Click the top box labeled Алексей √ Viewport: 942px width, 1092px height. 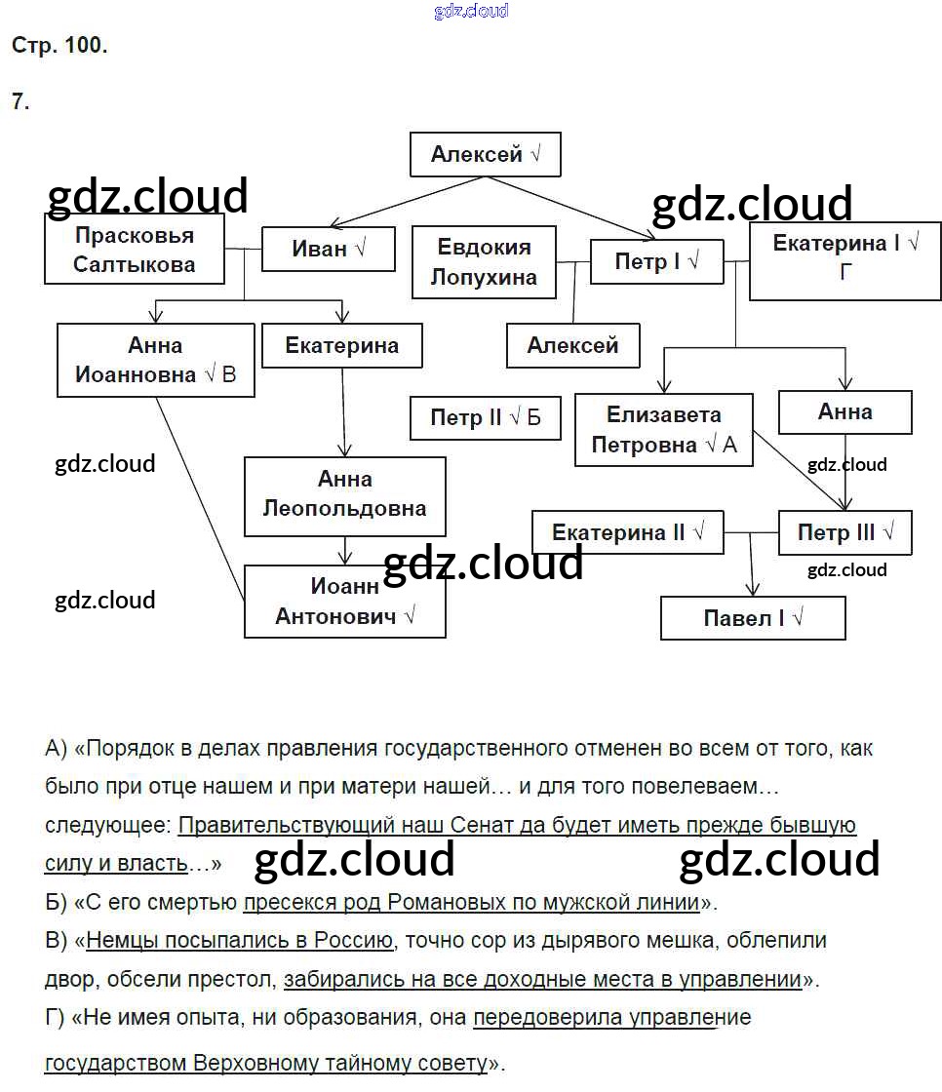coord(485,155)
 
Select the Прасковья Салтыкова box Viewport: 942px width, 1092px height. coord(135,250)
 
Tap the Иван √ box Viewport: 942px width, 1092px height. coord(328,249)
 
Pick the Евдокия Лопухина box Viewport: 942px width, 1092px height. coord(484,262)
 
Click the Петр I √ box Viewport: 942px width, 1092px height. coord(656,261)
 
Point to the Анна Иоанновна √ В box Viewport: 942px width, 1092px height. coord(156,361)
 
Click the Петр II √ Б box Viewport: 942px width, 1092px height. coord(485,418)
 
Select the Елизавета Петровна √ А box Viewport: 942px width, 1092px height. coord(663,431)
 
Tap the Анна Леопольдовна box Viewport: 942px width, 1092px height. coord(344,494)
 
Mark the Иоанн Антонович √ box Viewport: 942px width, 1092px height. coord(344,602)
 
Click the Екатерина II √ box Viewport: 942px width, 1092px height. coord(627,532)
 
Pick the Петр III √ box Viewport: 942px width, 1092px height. coord(844,533)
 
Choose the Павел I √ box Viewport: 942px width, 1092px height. coord(752,618)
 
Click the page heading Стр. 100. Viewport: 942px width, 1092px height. coord(59,45)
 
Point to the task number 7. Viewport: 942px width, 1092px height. coord(20,101)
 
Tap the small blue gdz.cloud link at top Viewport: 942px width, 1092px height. coord(470,12)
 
